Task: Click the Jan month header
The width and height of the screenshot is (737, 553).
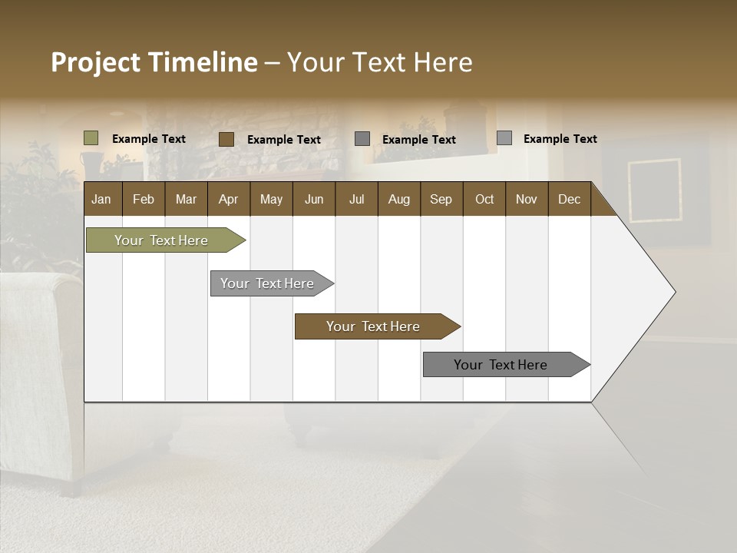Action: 101,199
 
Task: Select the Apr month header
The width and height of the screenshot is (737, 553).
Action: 228,199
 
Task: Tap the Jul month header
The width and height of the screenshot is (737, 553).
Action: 356,199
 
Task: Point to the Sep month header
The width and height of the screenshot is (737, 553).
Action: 441,199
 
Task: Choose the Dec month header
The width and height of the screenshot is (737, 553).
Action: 569,199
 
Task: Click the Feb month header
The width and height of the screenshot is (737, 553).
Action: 144,199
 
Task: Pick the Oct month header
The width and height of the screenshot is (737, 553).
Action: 484,199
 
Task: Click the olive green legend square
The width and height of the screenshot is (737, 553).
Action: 91,138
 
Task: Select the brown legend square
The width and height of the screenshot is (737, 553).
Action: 226,139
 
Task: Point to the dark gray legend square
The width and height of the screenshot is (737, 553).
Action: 362,139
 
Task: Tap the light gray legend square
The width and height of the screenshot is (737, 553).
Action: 504,138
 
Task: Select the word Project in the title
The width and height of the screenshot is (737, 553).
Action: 95,62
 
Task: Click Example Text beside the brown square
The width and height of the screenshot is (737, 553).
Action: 283,140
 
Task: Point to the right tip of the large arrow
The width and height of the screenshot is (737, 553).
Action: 673,291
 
